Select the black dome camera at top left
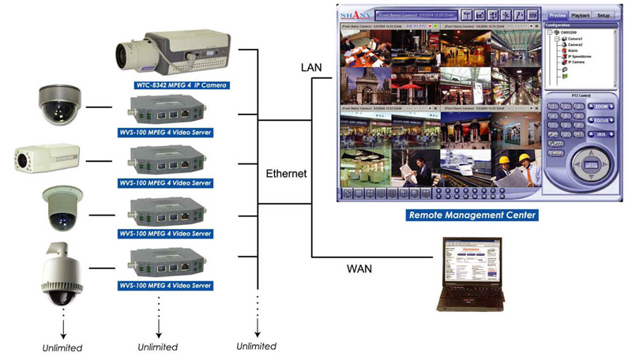[59, 105]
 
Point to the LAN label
[312, 69]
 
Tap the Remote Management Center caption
[472, 214]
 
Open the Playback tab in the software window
[580, 15]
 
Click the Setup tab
[604, 15]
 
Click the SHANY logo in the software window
[352, 14]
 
